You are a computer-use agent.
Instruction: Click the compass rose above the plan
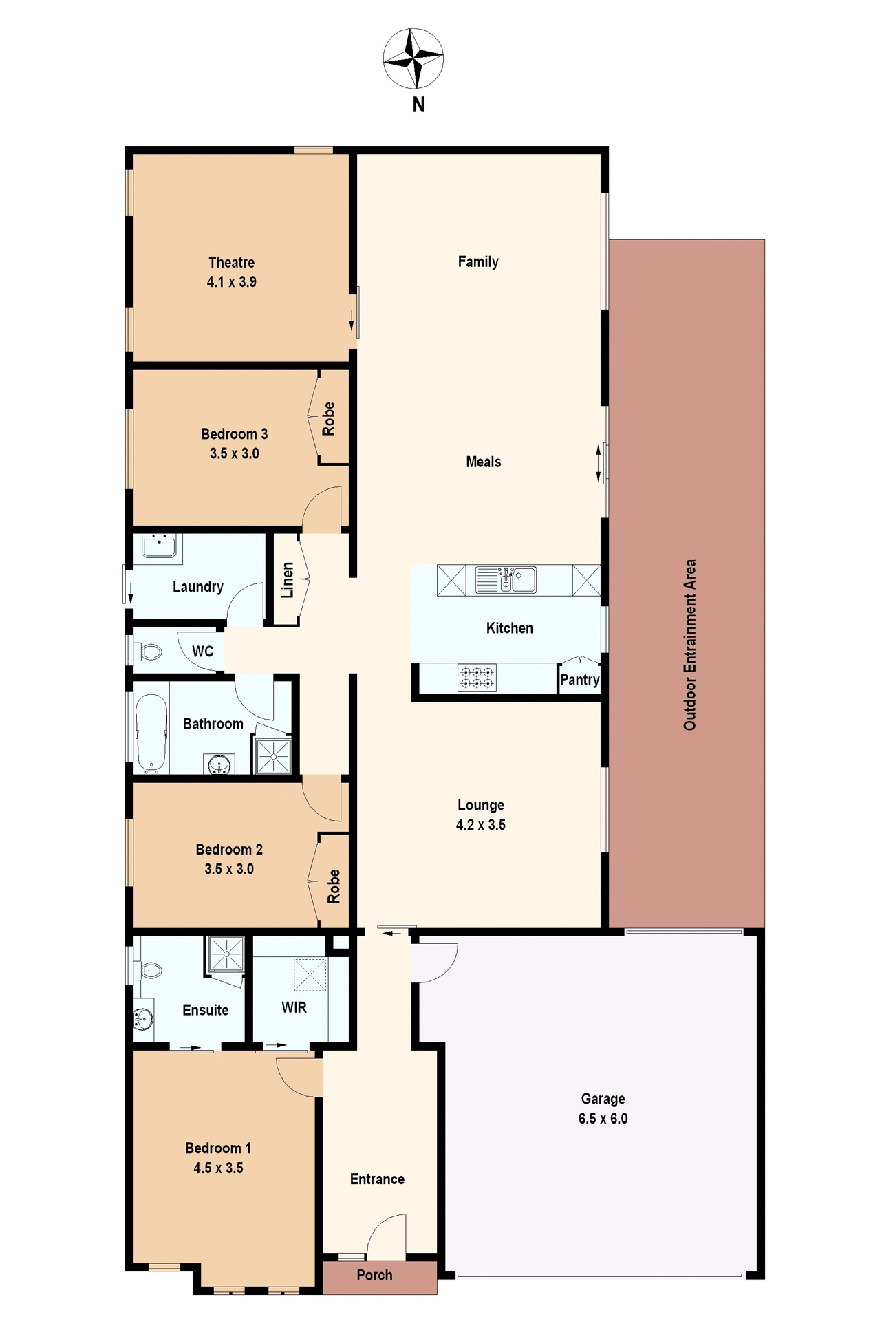[413, 58]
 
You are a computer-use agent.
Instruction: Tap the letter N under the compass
[418, 105]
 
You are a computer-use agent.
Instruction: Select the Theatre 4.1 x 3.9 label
[231, 272]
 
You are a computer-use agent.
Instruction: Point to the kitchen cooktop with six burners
[477, 677]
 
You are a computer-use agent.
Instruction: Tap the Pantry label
[579, 680]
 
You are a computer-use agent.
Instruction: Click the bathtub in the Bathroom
[151, 733]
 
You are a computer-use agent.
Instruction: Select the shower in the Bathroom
[274, 755]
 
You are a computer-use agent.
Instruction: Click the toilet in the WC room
[149, 651]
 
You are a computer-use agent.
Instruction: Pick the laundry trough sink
[159, 547]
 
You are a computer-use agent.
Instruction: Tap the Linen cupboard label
[288, 580]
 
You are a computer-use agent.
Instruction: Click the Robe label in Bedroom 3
[329, 418]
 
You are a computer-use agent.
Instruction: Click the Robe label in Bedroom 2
[334, 886]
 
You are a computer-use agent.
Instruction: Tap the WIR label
[294, 1007]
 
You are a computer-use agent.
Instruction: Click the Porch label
[374, 1275]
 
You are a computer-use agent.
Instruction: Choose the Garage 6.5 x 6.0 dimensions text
[603, 1118]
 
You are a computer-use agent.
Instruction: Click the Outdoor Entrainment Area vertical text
[689, 644]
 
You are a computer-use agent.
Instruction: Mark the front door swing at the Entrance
[387, 1234]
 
